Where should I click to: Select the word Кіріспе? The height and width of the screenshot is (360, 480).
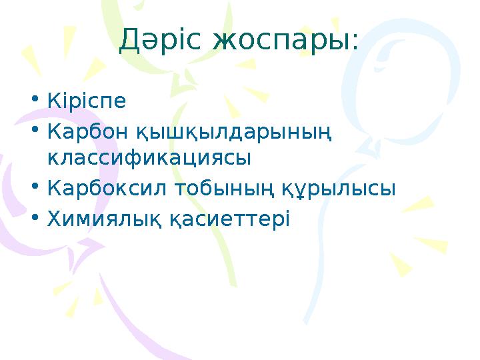click(87, 101)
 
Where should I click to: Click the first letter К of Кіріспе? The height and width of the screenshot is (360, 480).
click(54, 101)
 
